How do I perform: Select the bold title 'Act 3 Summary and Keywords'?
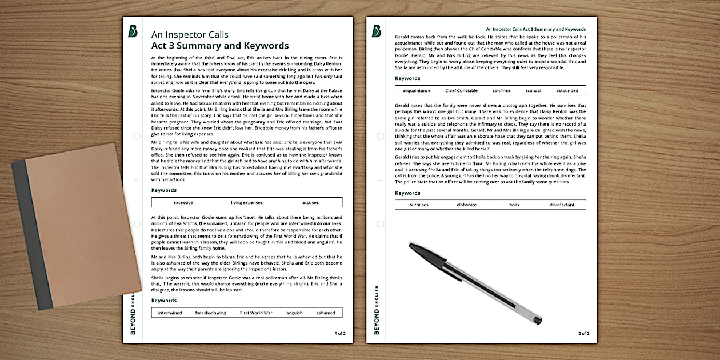220,46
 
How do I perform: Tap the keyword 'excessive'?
183,203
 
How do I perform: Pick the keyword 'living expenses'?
247,203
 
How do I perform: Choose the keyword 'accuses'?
310,203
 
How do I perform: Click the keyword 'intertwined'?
170,313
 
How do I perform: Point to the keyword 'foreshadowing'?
211,313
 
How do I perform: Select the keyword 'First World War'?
256,313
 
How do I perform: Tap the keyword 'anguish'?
295,313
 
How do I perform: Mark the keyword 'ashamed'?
326,313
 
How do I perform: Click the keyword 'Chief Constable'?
461,91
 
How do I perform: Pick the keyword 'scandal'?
533,91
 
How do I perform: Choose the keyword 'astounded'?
567,91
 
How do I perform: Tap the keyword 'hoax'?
514,205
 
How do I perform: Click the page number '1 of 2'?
339,333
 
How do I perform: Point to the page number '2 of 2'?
583,333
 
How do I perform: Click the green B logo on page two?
377,31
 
